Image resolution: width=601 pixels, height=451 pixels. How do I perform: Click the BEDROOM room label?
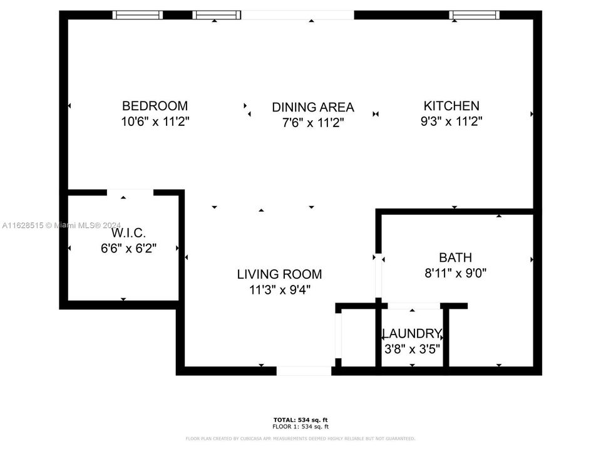pyautogui.click(x=155, y=106)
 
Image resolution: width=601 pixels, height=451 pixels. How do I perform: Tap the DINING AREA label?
pyautogui.click(x=312, y=107)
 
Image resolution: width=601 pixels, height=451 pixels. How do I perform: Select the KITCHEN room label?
pyautogui.click(x=451, y=106)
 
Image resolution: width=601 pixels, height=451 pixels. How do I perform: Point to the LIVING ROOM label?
pyautogui.click(x=279, y=274)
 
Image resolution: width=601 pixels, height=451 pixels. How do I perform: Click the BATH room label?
pyautogui.click(x=455, y=257)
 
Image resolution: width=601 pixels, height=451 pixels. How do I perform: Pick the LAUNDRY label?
pyautogui.click(x=412, y=333)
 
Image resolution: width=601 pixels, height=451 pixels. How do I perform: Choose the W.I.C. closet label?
pyautogui.click(x=128, y=233)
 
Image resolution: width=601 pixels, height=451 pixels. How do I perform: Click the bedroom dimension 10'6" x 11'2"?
pyautogui.click(x=155, y=122)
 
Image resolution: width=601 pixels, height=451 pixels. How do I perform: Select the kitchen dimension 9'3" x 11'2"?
pyautogui.click(x=451, y=122)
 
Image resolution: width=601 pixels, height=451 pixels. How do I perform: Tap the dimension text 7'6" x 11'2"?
pyautogui.click(x=312, y=123)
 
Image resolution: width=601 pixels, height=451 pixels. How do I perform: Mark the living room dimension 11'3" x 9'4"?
pyautogui.click(x=279, y=289)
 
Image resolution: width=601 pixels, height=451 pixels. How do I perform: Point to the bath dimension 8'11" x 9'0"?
pyautogui.click(x=455, y=273)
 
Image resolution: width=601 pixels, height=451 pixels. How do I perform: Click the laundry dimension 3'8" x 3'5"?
pyautogui.click(x=412, y=348)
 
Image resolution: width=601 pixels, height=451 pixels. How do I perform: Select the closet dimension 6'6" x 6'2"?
pyautogui.click(x=128, y=248)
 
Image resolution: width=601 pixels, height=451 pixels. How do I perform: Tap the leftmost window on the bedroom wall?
pyautogui.click(x=137, y=15)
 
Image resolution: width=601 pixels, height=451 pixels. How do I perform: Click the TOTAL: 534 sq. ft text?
pyautogui.click(x=300, y=420)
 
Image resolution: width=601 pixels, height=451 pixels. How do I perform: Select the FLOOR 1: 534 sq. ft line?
pyautogui.click(x=300, y=426)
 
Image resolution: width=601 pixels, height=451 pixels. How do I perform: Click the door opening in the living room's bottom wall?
pyautogui.click(x=304, y=371)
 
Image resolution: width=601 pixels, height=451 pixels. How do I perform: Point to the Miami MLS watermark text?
pyautogui.click(x=63, y=225)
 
